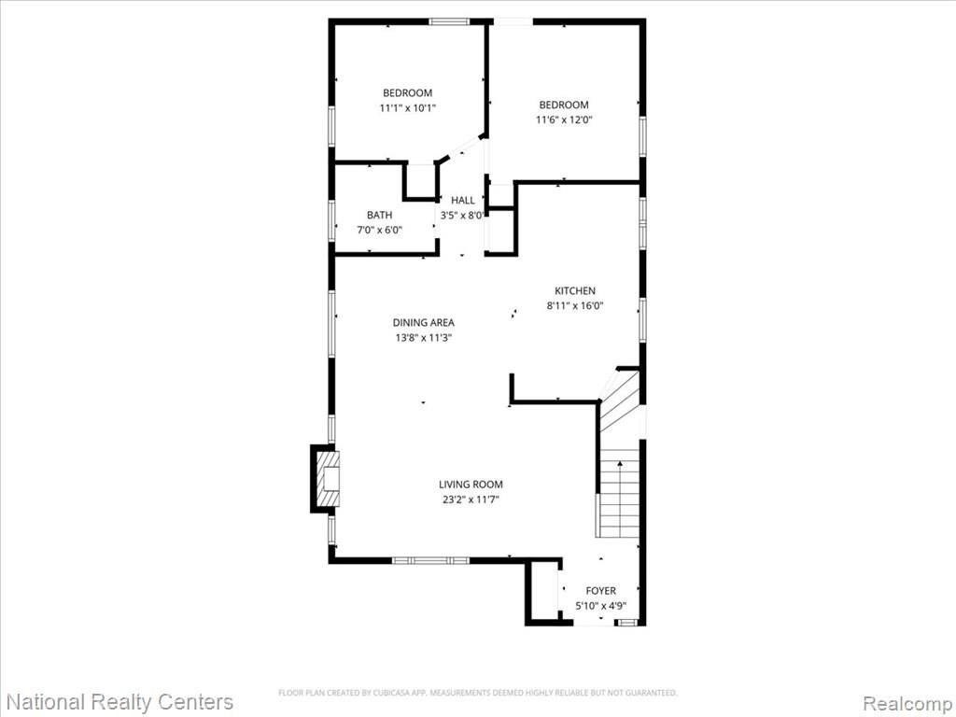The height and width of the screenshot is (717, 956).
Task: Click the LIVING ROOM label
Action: click(471, 485)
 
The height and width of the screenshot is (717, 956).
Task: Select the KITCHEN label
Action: click(575, 291)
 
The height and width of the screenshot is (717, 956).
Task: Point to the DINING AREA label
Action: click(423, 322)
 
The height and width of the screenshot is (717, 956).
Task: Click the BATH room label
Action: click(379, 216)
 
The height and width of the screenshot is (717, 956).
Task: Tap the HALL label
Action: click(463, 200)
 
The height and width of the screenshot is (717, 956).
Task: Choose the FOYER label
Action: click(600, 591)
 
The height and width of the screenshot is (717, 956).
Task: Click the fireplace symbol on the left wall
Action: click(325, 479)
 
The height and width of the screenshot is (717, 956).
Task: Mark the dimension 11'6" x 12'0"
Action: click(564, 120)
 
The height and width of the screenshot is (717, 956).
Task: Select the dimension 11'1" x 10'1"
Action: click(408, 108)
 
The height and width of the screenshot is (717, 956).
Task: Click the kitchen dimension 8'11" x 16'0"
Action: click(575, 306)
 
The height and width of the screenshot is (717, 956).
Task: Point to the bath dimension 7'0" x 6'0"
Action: click(379, 231)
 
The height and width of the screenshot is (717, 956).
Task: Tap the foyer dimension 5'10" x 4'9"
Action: click(600, 606)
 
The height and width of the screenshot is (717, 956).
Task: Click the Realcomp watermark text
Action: click(907, 702)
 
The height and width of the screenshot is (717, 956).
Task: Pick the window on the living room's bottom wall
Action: click(430, 560)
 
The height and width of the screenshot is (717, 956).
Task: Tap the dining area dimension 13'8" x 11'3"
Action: click(423, 338)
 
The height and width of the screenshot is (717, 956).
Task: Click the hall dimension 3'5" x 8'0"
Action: click(463, 216)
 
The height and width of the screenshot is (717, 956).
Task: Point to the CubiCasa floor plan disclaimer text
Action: click(477, 693)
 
